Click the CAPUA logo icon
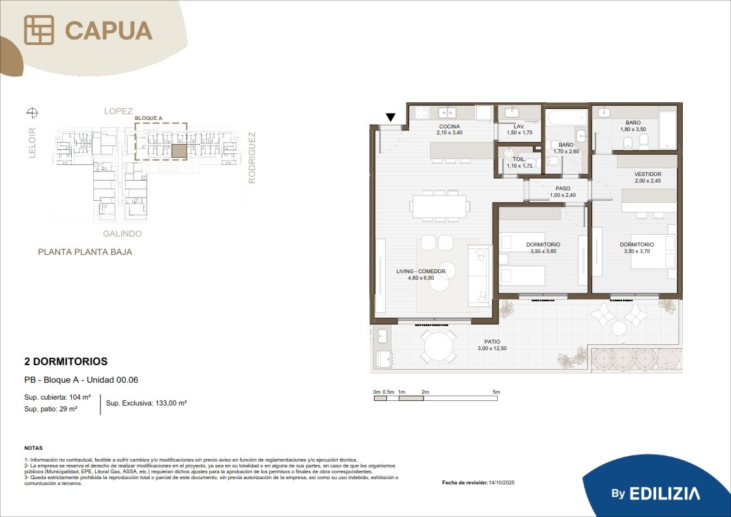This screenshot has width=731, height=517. pos(39,30)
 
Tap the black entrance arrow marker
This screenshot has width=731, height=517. pos(391,117)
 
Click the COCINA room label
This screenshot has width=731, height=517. pos(450,126)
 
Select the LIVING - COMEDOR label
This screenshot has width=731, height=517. pos(421,271)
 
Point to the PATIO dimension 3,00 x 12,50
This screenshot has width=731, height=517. pos(492,348)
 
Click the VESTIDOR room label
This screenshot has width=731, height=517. pos(648,174)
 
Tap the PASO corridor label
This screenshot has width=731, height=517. pos(563,188)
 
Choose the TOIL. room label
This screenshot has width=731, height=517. pos(519,159)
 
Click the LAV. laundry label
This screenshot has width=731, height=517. pos(519,126)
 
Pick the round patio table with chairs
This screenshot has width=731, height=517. pos(438,347)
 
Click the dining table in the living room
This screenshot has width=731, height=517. pos(440,206)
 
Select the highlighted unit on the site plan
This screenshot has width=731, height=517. pos(179,151)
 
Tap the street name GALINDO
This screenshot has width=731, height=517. pos(122,234)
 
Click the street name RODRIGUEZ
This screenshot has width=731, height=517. pos(251,158)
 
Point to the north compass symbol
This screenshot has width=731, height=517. pos(32,112)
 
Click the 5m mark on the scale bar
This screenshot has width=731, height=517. pos(496,392)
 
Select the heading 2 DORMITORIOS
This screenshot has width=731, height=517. pos(66,361)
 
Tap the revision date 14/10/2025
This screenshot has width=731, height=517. pos(502,482)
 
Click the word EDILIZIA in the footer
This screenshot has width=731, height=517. pos(665,494)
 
